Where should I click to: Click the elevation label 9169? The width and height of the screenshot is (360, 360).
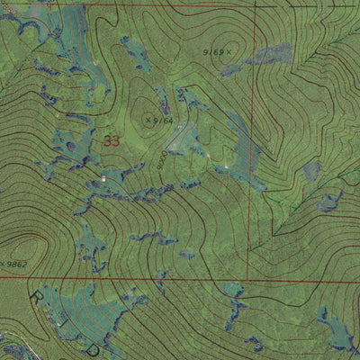pyautogui.click(x=213, y=52)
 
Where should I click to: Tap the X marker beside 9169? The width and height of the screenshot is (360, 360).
pyautogui.click(x=229, y=52)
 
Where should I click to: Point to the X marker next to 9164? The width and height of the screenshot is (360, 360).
pyautogui.click(x=148, y=117)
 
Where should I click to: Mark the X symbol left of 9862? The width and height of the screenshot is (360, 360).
pyautogui.click(x=3, y=264)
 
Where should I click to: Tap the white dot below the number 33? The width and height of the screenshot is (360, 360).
pyautogui.click(x=103, y=179)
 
